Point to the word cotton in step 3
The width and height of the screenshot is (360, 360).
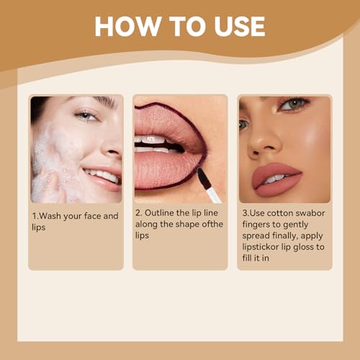[279, 212]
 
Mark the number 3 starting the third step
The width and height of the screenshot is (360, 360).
[245, 212]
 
